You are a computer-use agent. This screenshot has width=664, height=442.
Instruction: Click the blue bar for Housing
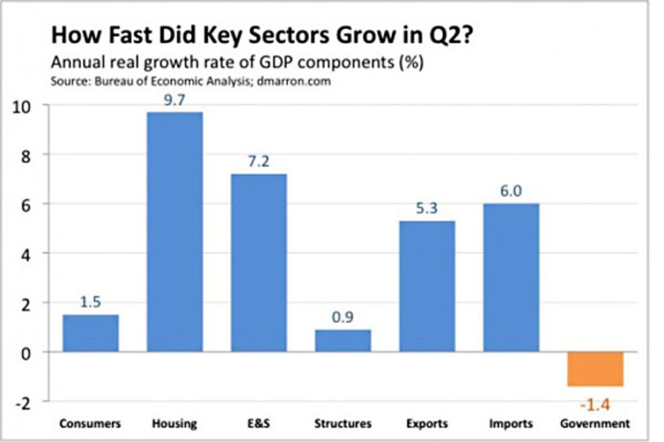[174, 232]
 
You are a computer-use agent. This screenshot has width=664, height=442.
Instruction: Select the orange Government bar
[595, 369]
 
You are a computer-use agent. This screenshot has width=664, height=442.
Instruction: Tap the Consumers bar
[90, 333]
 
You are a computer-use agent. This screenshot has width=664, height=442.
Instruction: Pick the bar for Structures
[343, 340]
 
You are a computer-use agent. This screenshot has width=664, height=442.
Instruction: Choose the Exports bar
[427, 286]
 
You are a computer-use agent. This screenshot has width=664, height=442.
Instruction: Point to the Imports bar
[511, 277]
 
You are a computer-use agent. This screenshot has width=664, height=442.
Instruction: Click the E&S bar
[259, 263]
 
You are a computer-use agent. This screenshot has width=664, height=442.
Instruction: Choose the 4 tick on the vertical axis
[25, 254]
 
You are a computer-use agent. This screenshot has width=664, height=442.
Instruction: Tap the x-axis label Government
[595, 424]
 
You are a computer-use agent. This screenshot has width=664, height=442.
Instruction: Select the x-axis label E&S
[259, 424]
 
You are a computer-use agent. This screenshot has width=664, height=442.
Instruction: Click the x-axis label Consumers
[90, 424]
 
